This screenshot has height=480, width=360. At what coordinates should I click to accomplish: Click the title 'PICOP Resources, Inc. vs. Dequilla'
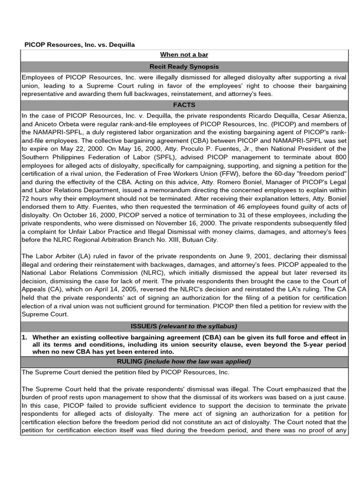(x=80, y=45)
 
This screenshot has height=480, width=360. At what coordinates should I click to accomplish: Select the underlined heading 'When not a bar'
(x=184, y=55)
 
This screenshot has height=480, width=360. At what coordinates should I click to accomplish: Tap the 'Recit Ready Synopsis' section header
(x=184, y=67)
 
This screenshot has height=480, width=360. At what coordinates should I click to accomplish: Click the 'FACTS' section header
(x=184, y=105)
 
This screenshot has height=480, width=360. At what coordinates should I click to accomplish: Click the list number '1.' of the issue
(x=25, y=337)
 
